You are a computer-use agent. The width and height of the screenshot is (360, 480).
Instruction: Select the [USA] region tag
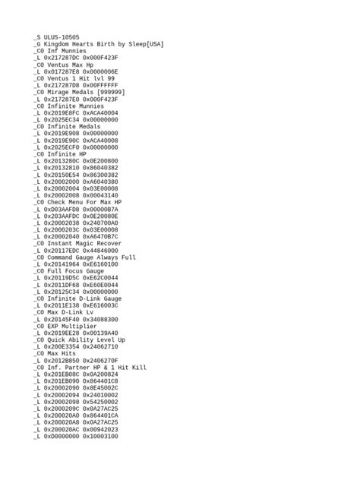[155, 43]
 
